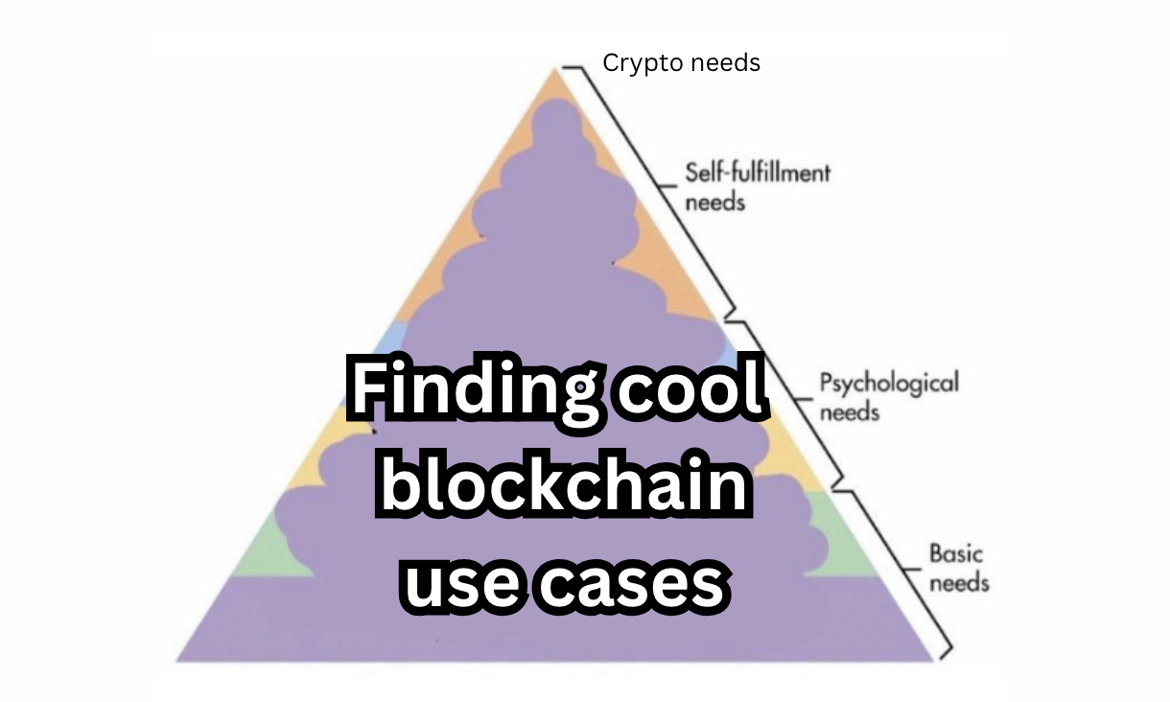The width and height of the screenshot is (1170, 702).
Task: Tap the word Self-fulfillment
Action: tap(758, 174)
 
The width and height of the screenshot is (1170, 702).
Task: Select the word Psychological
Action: tap(888, 384)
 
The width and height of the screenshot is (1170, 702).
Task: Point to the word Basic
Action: tap(956, 553)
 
